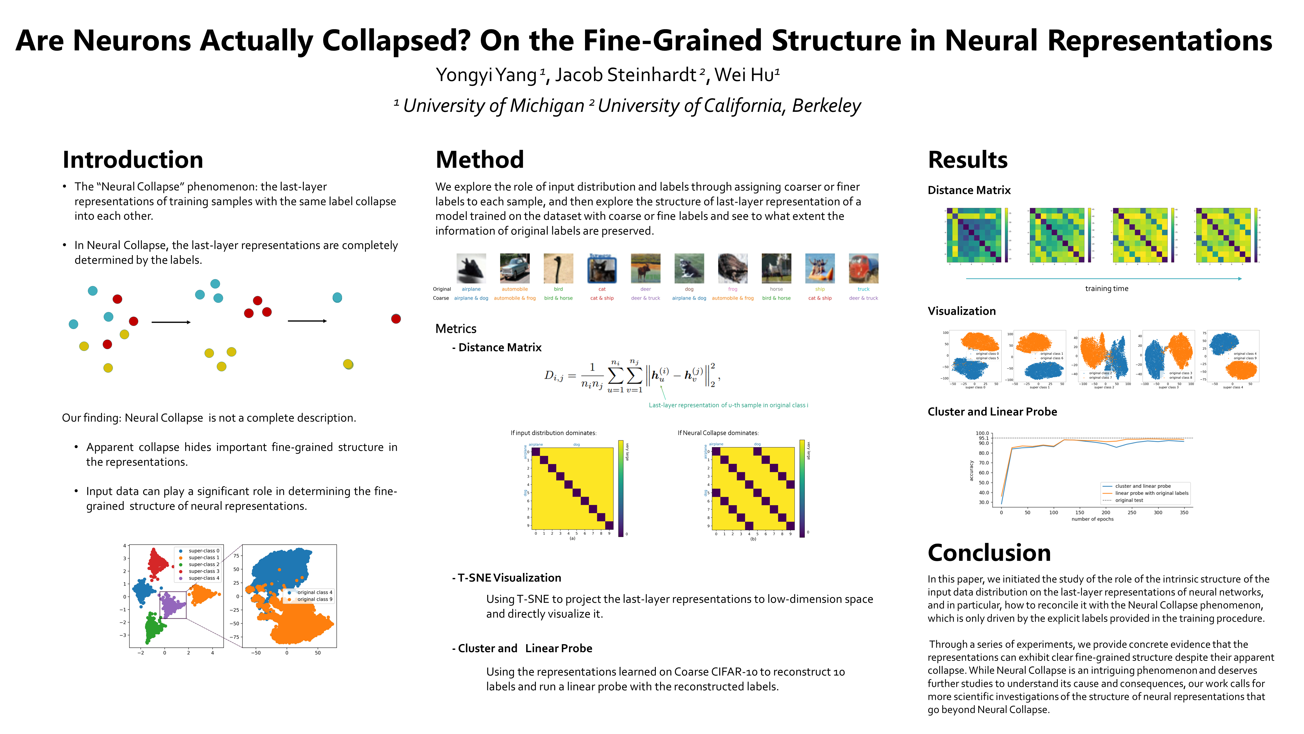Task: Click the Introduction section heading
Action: (x=133, y=160)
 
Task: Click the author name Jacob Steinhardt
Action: (x=626, y=75)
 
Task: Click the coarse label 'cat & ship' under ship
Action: (x=820, y=298)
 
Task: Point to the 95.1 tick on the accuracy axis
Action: (x=983, y=438)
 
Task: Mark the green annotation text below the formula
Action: (x=728, y=405)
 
